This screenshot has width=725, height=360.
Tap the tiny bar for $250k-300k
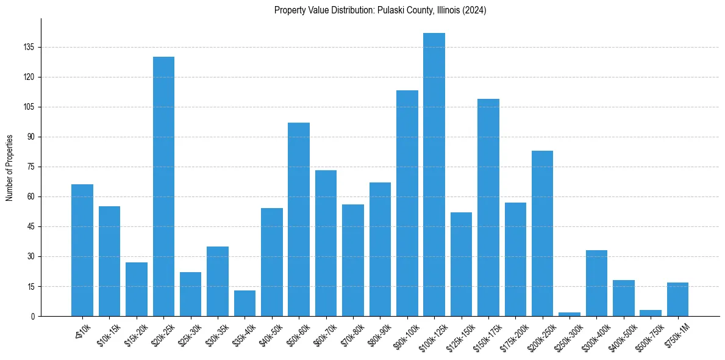(570, 314)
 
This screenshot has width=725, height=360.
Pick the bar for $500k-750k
(651, 313)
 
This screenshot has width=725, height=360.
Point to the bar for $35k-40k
(245, 303)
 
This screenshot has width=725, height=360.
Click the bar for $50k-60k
(299, 220)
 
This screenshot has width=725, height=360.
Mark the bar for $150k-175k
(488, 207)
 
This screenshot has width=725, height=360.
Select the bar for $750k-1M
(677, 300)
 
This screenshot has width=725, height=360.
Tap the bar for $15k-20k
(137, 289)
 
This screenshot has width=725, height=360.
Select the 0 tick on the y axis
(34, 316)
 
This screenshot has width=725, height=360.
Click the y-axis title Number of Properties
(10, 167)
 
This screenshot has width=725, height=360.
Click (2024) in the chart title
(474, 10)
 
